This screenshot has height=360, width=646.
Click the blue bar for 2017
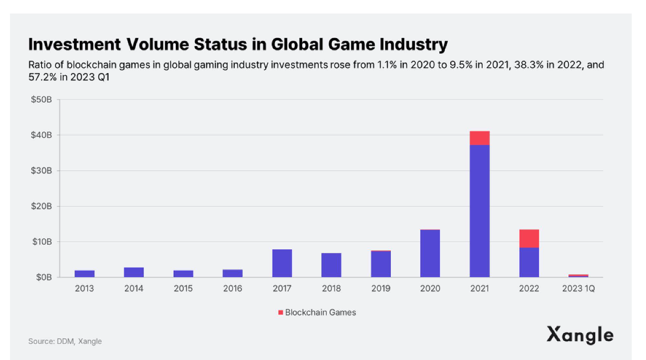tap(282, 263)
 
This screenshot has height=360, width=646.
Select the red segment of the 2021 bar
tap(480, 138)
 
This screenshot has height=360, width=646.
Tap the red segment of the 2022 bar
tap(529, 238)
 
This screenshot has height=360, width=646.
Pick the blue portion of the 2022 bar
tap(529, 262)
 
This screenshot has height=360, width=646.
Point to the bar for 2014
tap(134, 272)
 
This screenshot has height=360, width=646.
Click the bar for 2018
tap(331, 265)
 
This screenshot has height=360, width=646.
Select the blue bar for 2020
tap(430, 254)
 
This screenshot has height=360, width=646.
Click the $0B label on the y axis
tap(43, 277)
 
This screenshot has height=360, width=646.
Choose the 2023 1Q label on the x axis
tap(578, 289)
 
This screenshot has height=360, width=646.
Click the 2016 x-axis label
tap(232, 289)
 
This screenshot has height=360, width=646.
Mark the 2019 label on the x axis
tap(380, 289)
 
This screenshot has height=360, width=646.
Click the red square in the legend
tap(281, 313)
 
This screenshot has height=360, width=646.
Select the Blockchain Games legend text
tap(320, 313)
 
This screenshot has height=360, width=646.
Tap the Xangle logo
tap(580, 335)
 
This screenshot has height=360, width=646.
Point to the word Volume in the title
tap(155, 44)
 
